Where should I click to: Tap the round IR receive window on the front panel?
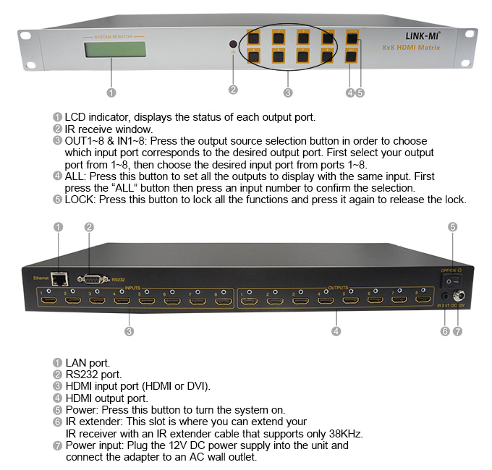tap(233, 44)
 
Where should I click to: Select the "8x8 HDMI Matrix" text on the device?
tap(421, 47)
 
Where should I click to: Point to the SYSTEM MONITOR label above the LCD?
tap(112, 35)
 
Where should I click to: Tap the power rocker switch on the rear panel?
tap(451, 278)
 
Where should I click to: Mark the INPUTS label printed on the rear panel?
tap(132, 287)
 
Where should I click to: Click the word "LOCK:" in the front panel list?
tap(80, 200)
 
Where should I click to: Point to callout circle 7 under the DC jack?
tap(457, 331)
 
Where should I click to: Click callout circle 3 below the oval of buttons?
tap(288, 92)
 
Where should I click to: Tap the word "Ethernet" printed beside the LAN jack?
tap(40, 278)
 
